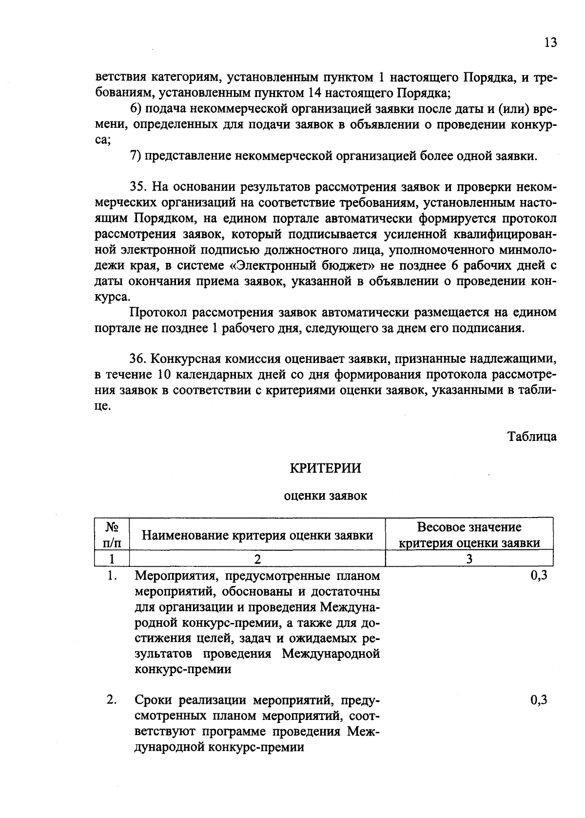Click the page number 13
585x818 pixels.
[x=550, y=42]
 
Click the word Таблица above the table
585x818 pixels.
[x=532, y=436]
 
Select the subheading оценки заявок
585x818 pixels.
[x=325, y=497]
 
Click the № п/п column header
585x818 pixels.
[x=112, y=535]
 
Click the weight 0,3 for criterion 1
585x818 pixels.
[x=539, y=576]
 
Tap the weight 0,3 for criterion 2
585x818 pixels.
[x=539, y=700]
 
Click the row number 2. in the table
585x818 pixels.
[x=112, y=700]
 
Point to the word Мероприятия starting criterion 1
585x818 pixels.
[x=173, y=576]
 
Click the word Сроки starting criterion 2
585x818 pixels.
[x=153, y=700]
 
